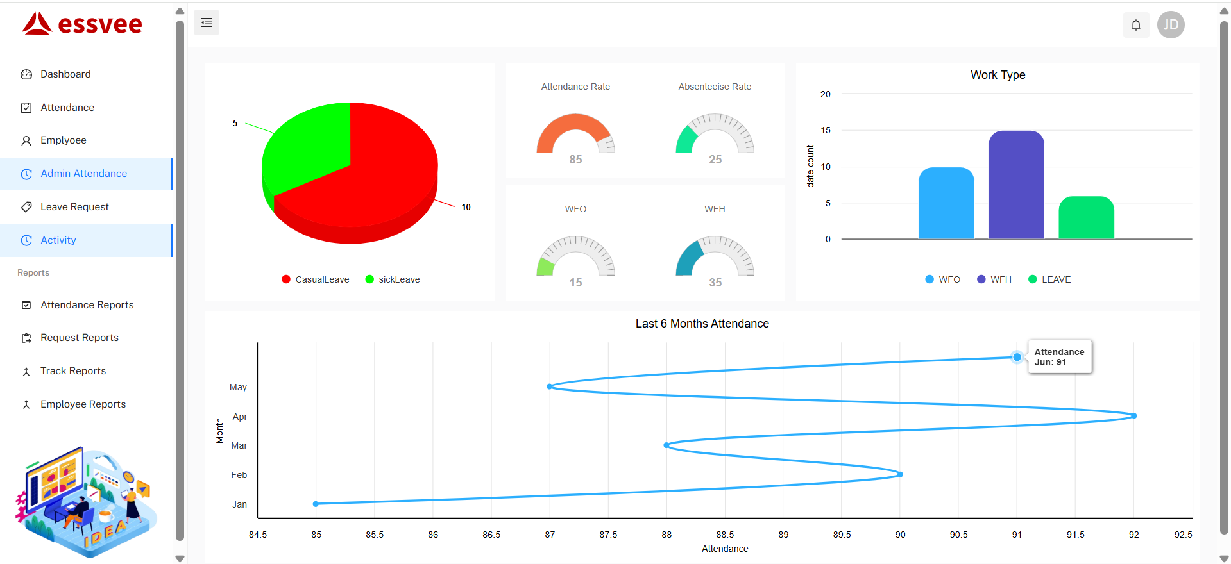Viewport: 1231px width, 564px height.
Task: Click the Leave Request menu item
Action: click(x=74, y=207)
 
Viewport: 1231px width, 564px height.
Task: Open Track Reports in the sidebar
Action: click(x=72, y=371)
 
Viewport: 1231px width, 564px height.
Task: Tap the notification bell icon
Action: click(x=1135, y=25)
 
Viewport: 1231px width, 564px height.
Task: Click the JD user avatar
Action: click(x=1171, y=25)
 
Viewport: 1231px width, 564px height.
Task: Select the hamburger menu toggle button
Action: click(x=207, y=22)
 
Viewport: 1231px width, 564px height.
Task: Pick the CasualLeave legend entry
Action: click(x=316, y=279)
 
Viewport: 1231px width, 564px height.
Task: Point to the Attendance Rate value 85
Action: click(x=575, y=160)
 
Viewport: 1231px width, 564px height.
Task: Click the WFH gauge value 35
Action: click(x=715, y=283)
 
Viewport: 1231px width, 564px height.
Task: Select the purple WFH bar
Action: click(x=1016, y=186)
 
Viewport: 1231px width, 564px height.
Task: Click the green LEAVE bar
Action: click(x=1086, y=218)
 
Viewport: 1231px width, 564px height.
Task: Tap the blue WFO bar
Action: click(x=946, y=204)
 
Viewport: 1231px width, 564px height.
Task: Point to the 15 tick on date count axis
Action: click(x=826, y=130)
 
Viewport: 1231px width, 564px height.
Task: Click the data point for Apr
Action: click(x=1134, y=416)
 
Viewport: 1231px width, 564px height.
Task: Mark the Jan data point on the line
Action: click(x=316, y=504)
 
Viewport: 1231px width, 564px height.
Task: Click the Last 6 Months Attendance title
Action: click(x=702, y=324)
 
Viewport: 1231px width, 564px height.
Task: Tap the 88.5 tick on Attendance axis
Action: click(x=725, y=535)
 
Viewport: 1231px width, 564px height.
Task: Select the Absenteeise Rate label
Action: click(x=715, y=87)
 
